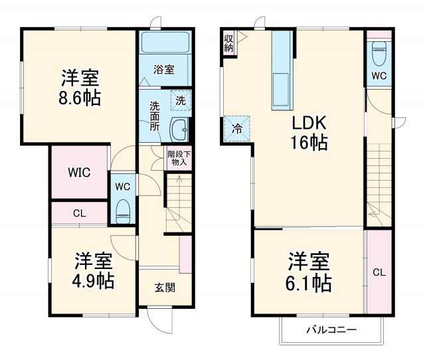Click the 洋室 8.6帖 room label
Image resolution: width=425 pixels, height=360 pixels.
81,88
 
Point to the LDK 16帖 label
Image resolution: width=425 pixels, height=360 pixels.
307,132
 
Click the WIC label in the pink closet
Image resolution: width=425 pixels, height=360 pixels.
78,171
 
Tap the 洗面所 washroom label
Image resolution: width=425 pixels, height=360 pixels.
154,116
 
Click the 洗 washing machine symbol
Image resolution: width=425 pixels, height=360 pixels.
180,100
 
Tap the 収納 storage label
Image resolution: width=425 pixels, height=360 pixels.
228,43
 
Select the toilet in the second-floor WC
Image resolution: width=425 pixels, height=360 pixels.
379,51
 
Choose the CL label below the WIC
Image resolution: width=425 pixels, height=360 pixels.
78,214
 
